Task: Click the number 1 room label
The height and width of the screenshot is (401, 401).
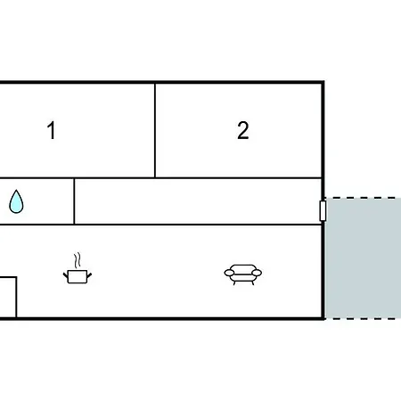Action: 52,130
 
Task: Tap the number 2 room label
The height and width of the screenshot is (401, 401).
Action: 243,130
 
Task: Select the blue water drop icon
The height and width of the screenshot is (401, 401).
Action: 16,201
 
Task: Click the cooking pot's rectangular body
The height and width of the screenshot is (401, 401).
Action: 78,277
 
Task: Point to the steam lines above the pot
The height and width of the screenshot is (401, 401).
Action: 78,260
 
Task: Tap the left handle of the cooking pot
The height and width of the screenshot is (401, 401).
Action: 66,275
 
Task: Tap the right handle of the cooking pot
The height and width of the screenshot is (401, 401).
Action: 89,275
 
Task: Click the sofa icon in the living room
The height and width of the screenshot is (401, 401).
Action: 243,274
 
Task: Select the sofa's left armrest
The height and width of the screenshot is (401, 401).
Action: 229,273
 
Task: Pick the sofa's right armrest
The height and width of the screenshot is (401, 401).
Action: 257,273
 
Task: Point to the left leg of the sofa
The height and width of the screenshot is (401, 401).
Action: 234,283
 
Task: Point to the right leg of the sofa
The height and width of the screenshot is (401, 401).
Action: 253,283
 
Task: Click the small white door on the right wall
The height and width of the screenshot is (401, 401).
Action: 323,210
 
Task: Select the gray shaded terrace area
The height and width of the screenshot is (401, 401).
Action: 363,258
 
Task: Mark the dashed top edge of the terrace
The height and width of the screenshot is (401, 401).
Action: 363,198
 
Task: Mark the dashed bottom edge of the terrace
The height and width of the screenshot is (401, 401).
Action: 363,319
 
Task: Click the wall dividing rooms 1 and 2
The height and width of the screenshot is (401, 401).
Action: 155,130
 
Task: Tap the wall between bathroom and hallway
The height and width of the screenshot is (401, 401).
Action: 74,201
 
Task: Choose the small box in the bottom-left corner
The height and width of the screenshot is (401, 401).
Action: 8,298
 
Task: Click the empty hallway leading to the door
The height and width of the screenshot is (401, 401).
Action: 198,201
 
